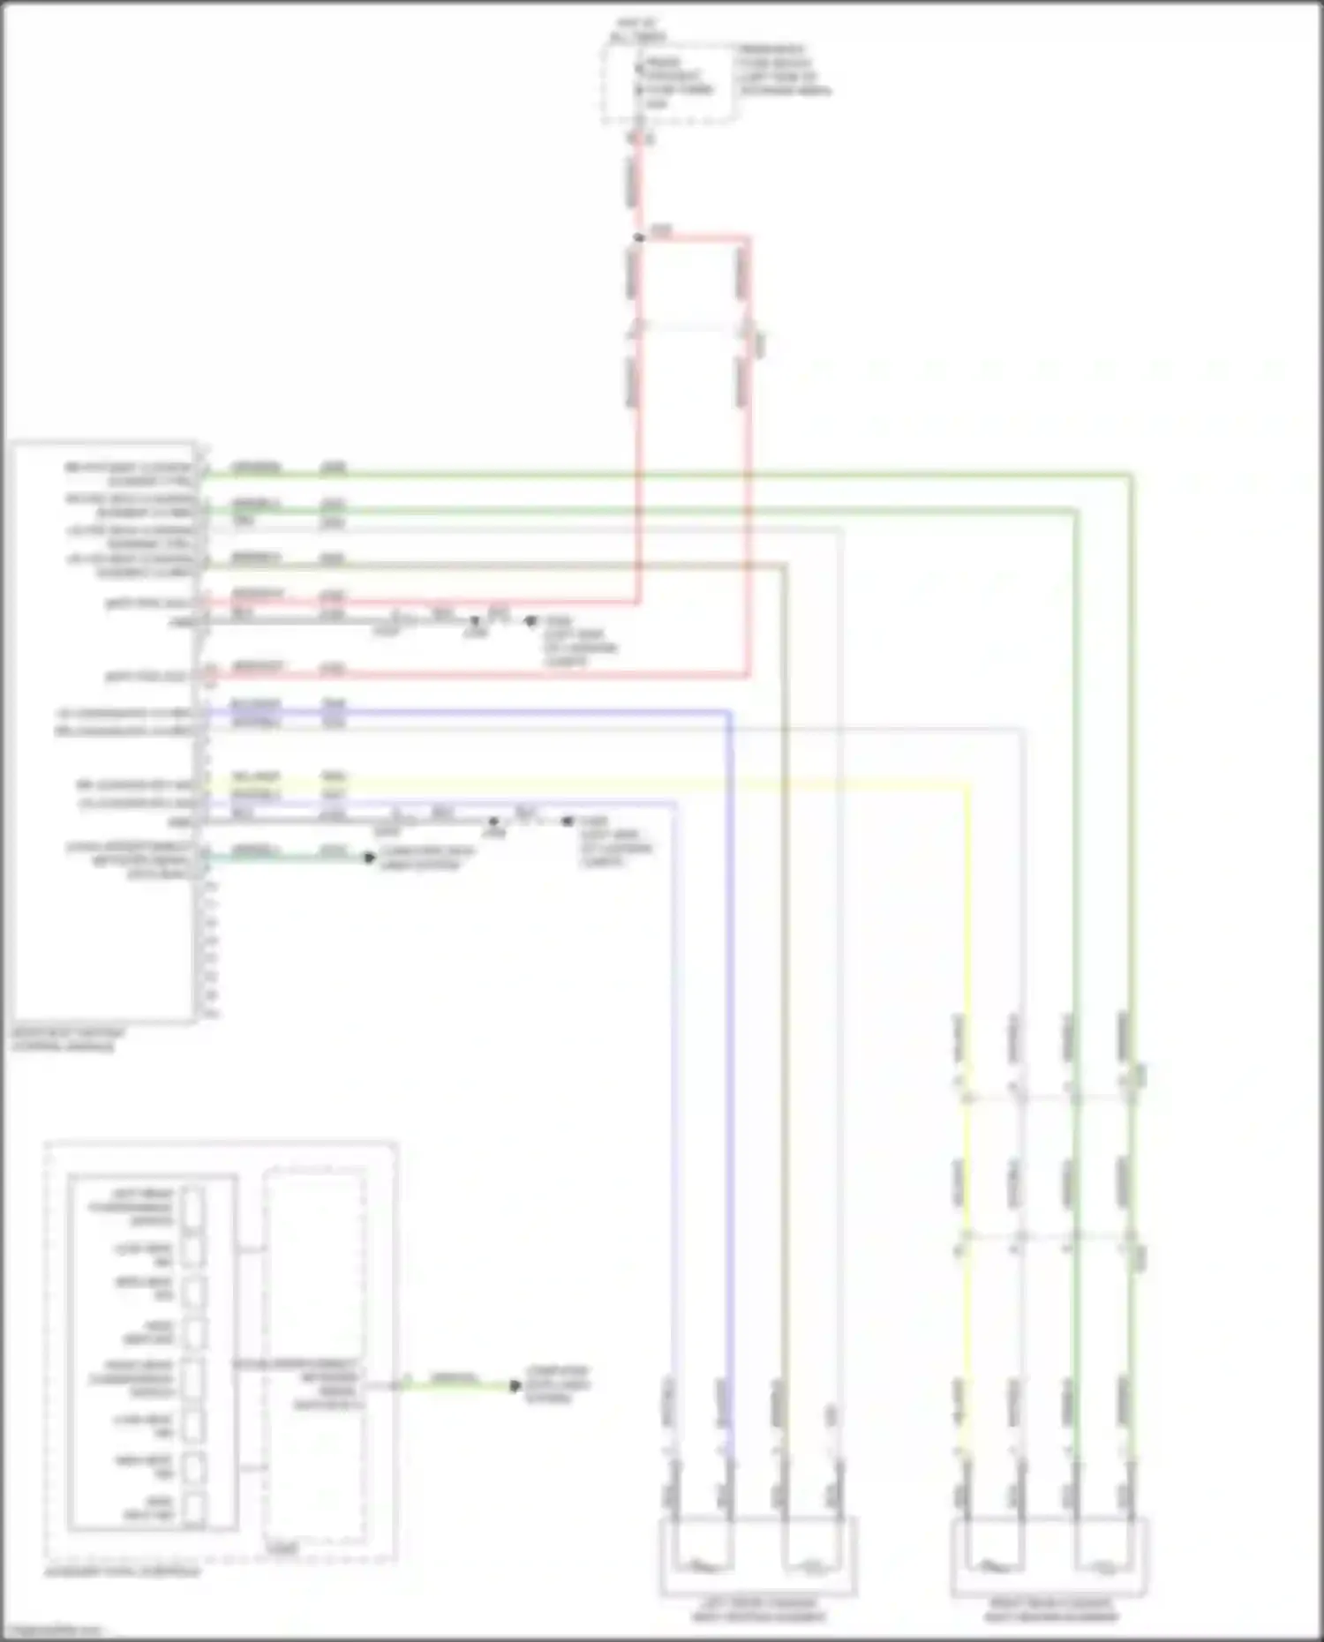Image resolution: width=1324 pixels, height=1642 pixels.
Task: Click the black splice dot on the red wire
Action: click(x=638, y=237)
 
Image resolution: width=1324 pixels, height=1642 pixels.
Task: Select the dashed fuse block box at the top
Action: click(x=668, y=83)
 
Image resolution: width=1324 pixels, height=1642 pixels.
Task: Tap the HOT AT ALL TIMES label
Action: click(x=638, y=30)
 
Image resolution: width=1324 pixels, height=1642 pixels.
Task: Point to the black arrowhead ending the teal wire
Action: click(x=370, y=858)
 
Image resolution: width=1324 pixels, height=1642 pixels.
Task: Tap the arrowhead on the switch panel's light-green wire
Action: click(x=515, y=1386)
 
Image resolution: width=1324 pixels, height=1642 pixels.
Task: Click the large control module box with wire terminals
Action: click(x=103, y=732)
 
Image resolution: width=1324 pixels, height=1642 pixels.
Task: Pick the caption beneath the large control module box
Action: click(x=69, y=1039)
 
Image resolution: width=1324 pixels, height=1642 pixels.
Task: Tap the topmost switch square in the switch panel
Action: click(x=192, y=1206)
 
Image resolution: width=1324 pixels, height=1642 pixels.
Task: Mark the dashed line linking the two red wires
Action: click(x=688, y=328)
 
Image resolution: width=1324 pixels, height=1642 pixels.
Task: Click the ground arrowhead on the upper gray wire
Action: click(x=530, y=621)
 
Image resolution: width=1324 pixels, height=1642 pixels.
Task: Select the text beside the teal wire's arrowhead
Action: click(x=426, y=858)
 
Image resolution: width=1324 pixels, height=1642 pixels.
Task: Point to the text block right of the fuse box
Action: click(x=784, y=70)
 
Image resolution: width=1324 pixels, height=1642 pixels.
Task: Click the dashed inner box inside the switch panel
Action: click(x=315, y=1359)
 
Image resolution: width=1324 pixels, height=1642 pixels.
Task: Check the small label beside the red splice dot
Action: click(x=661, y=231)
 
